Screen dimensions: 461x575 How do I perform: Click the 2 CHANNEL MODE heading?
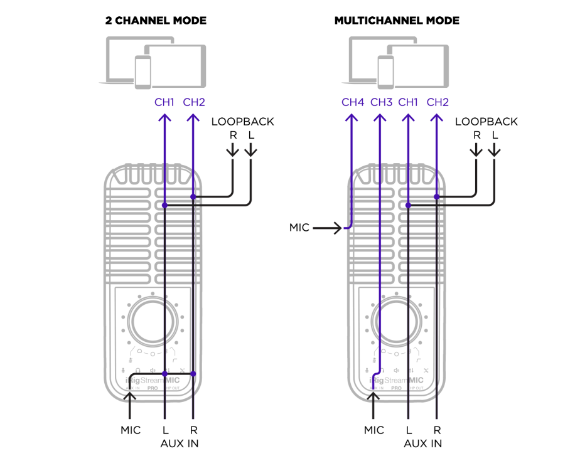(x=156, y=21)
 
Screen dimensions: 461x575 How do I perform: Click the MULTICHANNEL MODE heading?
(x=397, y=21)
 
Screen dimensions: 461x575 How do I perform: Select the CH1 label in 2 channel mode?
(x=164, y=102)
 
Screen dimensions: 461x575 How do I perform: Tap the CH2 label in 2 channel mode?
(x=193, y=102)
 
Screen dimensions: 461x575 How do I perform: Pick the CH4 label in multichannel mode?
(x=353, y=102)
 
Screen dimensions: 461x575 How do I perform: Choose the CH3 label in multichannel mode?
(x=382, y=102)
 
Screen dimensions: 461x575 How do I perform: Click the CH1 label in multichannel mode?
(x=409, y=102)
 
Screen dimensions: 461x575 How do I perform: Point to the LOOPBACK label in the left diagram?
(x=242, y=122)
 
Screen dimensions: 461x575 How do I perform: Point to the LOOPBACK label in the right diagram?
(x=486, y=122)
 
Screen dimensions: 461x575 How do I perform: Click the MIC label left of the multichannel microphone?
(x=299, y=228)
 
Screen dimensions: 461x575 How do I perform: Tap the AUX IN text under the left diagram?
(x=178, y=443)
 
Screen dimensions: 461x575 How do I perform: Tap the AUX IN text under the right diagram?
(x=422, y=443)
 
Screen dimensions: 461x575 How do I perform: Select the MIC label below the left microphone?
(x=131, y=430)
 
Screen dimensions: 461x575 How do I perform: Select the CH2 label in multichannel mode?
(x=437, y=102)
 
